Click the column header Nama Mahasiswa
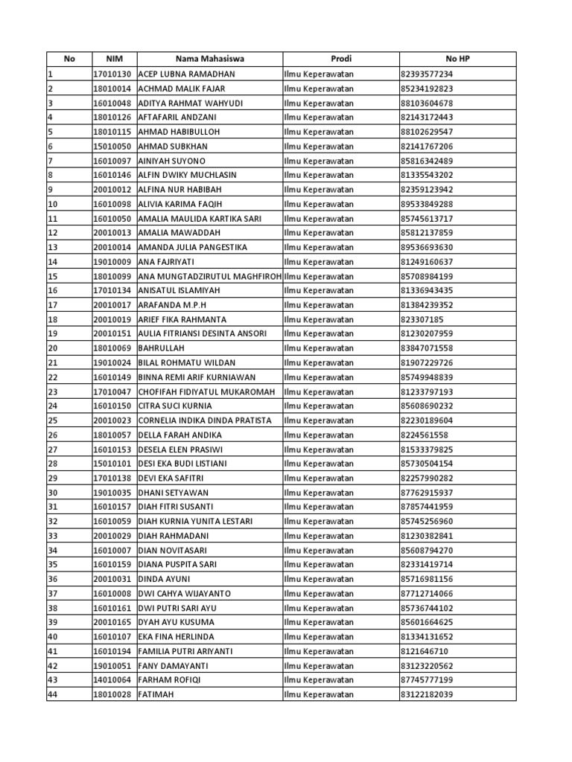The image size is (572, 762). (x=209, y=59)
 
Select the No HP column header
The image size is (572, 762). (x=457, y=59)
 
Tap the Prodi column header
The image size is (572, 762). (x=340, y=59)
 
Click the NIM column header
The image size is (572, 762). (x=113, y=59)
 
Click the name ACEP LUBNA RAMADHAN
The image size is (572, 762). (x=186, y=74)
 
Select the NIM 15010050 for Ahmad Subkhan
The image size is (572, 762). (x=112, y=147)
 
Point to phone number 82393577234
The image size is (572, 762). (x=427, y=74)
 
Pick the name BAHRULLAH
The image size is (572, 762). (x=161, y=348)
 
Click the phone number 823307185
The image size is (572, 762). (x=422, y=319)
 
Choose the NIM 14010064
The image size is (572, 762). (x=112, y=680)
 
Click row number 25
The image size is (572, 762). (x=52, y=420)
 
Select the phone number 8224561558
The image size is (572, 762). (x=425, y=435)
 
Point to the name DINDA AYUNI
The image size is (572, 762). (x=165, y=579)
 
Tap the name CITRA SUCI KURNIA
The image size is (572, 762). (x=175, y=406)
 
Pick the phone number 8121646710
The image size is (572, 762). (x=425, y=651)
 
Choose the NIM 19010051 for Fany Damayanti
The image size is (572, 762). (x=112, y=666)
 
